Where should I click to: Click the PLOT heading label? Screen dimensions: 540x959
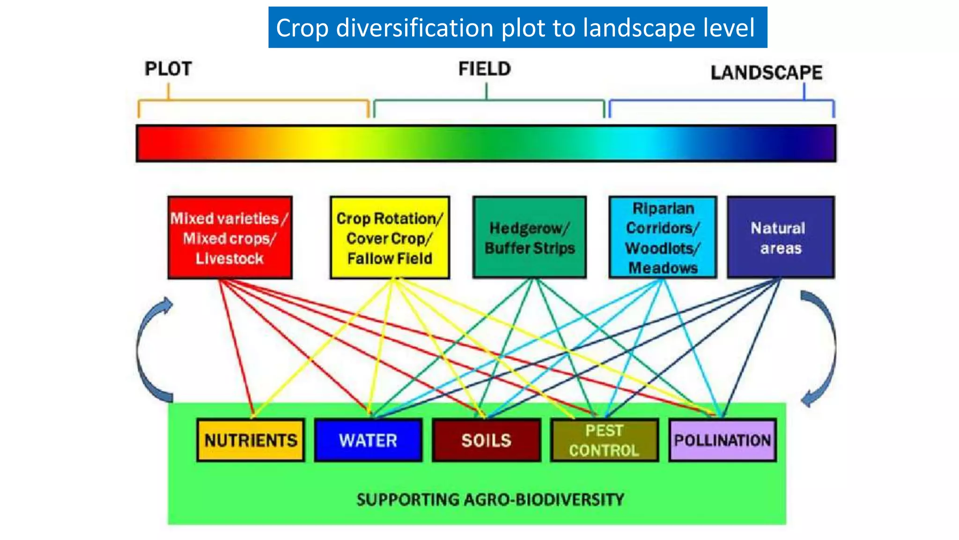168,69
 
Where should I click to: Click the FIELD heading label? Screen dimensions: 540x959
485,69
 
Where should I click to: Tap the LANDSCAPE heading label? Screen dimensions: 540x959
766,73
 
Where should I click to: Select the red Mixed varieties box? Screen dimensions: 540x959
230,237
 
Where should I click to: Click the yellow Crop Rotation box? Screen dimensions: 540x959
390,237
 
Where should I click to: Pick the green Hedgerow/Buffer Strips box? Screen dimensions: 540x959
530,237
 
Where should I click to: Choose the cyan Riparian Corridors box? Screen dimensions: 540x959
663,237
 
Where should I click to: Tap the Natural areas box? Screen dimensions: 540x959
781,237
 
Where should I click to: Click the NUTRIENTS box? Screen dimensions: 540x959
251,440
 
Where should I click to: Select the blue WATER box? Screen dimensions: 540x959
368,440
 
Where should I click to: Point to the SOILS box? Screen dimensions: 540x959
487,440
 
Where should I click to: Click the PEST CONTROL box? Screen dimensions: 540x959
604,440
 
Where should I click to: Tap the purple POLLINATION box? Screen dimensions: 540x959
722,440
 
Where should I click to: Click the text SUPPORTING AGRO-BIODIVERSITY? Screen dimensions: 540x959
490,499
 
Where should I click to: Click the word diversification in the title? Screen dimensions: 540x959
415,28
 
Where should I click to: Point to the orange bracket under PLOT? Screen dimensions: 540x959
253,100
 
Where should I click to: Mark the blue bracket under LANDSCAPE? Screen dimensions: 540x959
721,100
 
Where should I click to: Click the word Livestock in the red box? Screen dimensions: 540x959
229,258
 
